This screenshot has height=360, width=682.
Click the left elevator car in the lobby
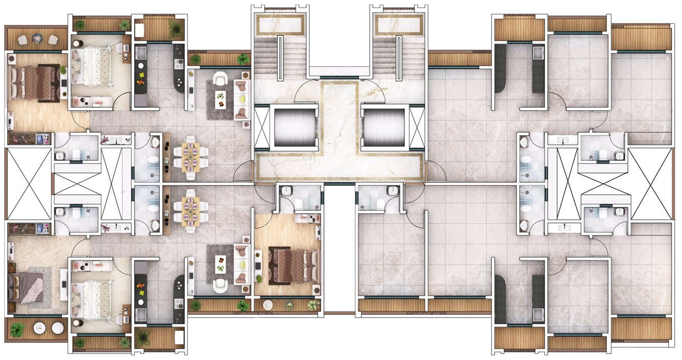tap(289, 127)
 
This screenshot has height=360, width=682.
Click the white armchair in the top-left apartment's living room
tap(221, 79)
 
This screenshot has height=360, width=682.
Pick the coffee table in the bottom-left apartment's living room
tap(221, 264)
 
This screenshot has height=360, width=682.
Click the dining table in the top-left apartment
tap(190, 157)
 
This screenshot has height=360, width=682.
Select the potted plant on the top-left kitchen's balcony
tap(176, 29)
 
